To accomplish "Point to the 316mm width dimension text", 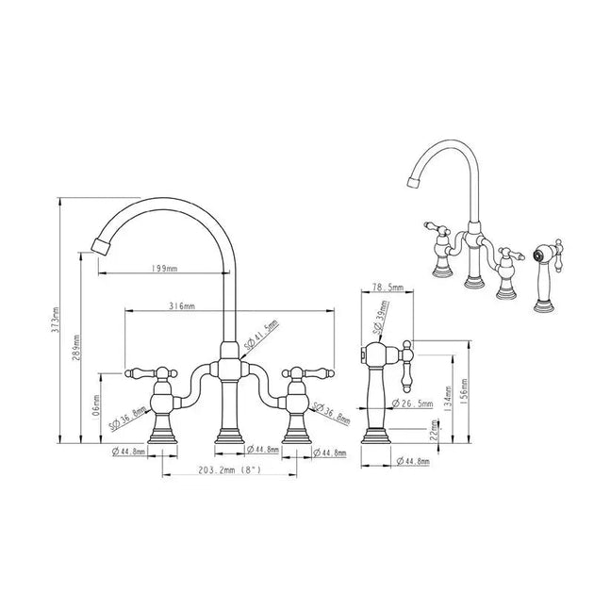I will point(182,306).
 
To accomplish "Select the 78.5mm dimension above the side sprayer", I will point(388,287).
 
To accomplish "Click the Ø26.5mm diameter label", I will point(414,404).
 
